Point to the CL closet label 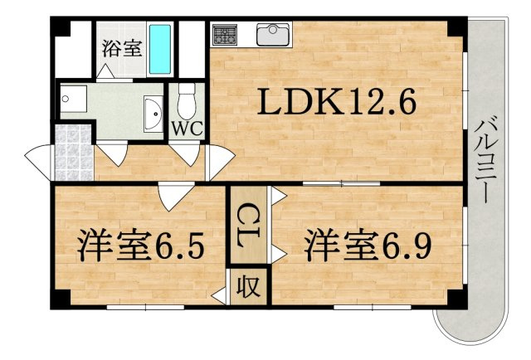pyautogui.click(x=248, y=223)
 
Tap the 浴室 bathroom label pyautogui.click(x=121, y=48)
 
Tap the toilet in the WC pyautogui.click(x=188, y=101)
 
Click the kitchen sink pyautogui.click(x=272, y=35)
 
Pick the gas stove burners pyautogui.click(x=224, y=35)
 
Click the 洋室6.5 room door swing pyautogui.click(x=173, y=196)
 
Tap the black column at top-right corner pyautogui.click(x=455, y=26)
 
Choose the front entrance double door pyautogui.click(x=38, y=158)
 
